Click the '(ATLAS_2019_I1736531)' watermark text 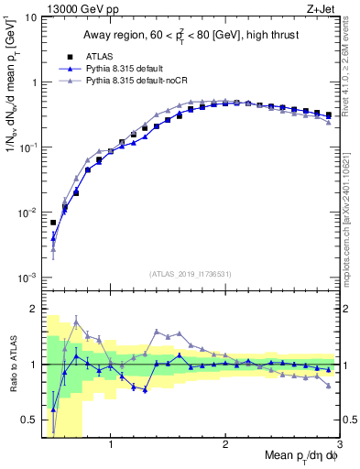click(191, 274)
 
